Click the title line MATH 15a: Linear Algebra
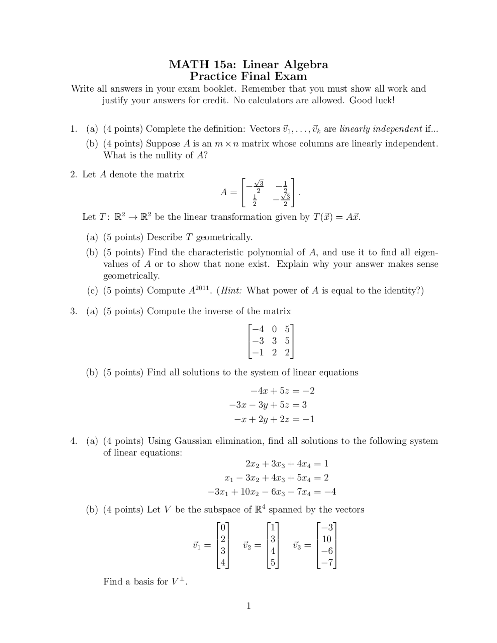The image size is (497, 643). [x=248, y=64]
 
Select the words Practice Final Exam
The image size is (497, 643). [x=248, y=76]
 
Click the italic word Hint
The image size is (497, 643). [x=231, y=291]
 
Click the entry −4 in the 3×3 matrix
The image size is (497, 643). [x=258, y=329]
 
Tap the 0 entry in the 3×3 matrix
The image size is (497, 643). [x=275, y=329]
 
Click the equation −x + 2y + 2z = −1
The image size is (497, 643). [x=274, y=419]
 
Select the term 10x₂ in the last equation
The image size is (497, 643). [x=249, y=492]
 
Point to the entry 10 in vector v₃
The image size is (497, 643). [x=327, y=539]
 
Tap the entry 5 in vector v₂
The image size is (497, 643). [x=273, y=563]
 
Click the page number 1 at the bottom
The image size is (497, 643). [x=248, y=606]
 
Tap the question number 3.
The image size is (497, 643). [x=73, y=311]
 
